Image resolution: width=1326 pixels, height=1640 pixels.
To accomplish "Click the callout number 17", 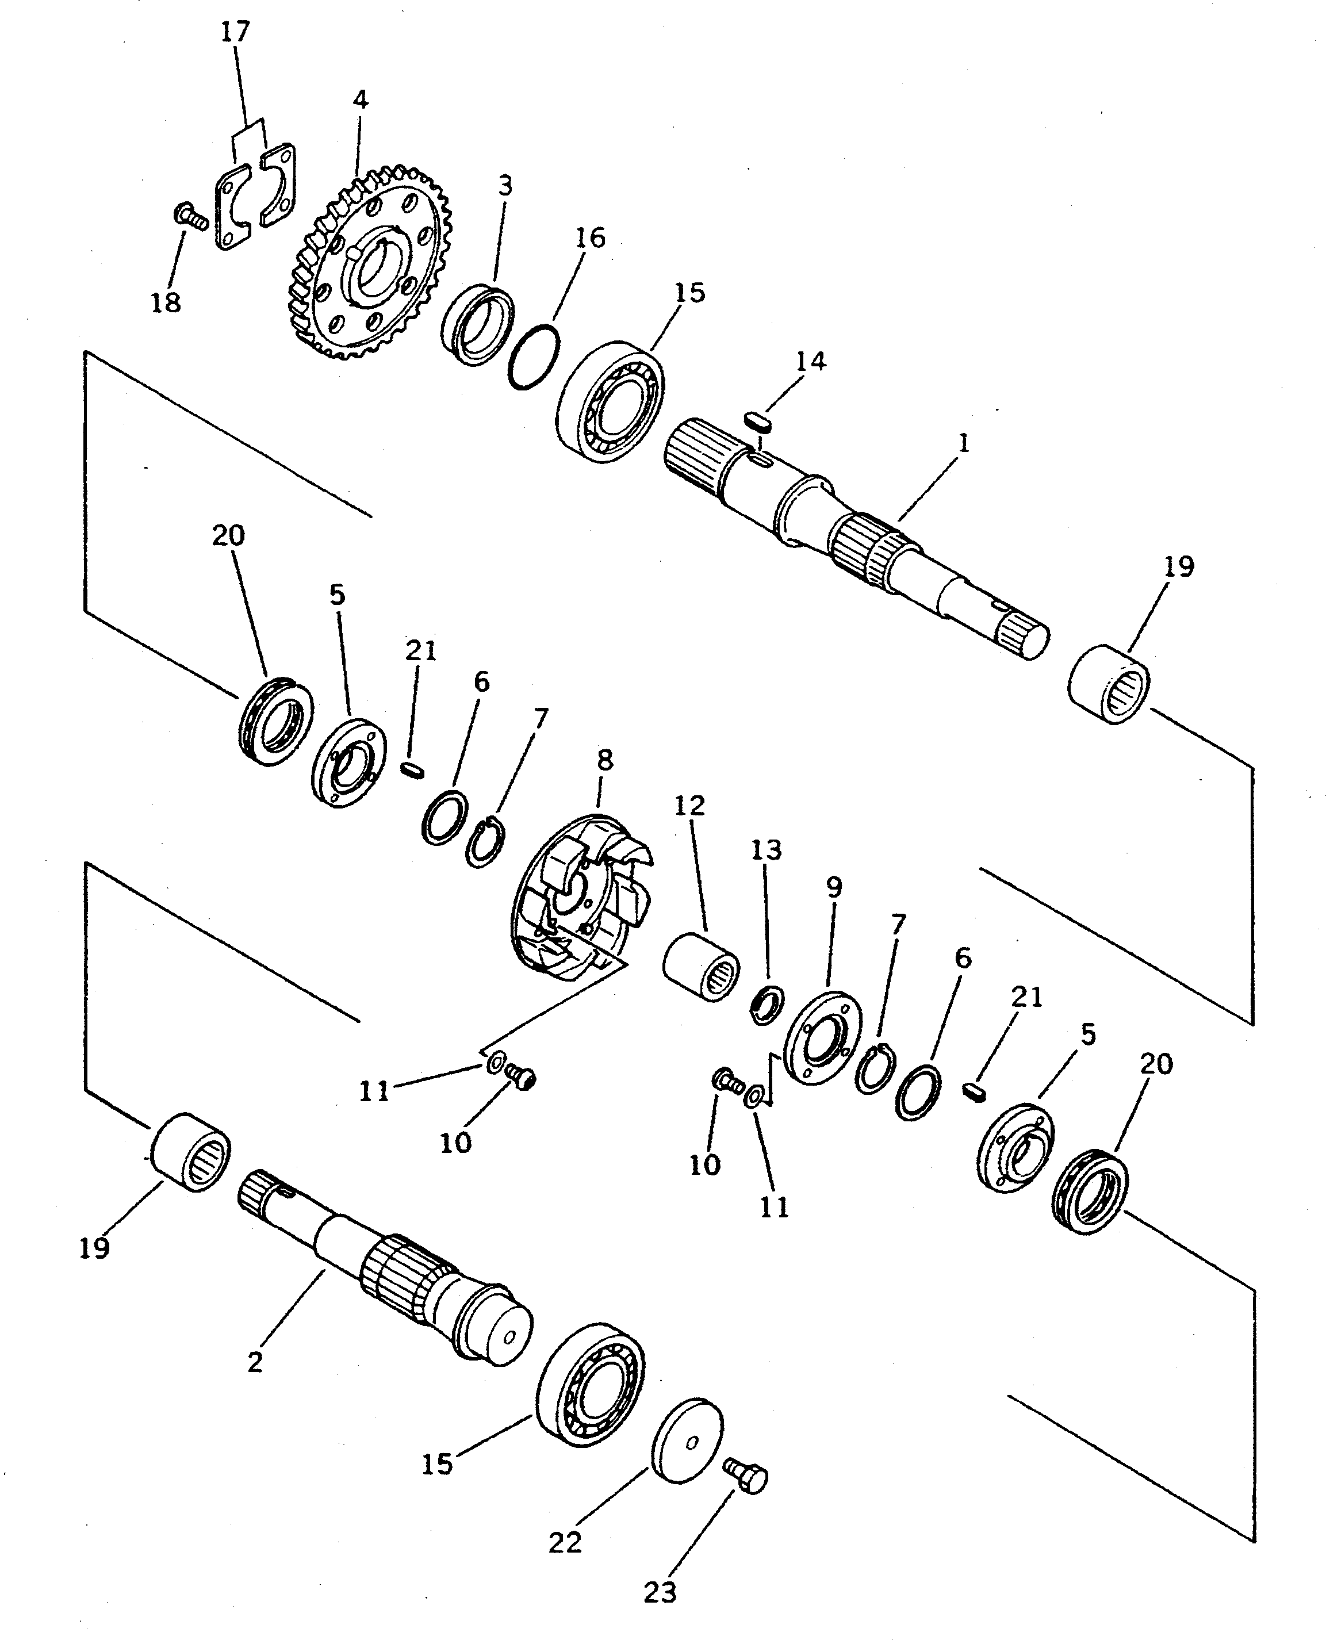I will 235,32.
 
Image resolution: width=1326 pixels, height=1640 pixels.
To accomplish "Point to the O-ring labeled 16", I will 533,356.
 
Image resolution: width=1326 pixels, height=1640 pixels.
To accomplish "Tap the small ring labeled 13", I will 765,1006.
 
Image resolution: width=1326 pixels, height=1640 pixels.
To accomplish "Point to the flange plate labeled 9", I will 823,1036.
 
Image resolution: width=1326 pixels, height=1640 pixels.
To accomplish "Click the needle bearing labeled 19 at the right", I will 1107,684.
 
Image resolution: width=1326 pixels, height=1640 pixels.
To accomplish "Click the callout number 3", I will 505,186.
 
